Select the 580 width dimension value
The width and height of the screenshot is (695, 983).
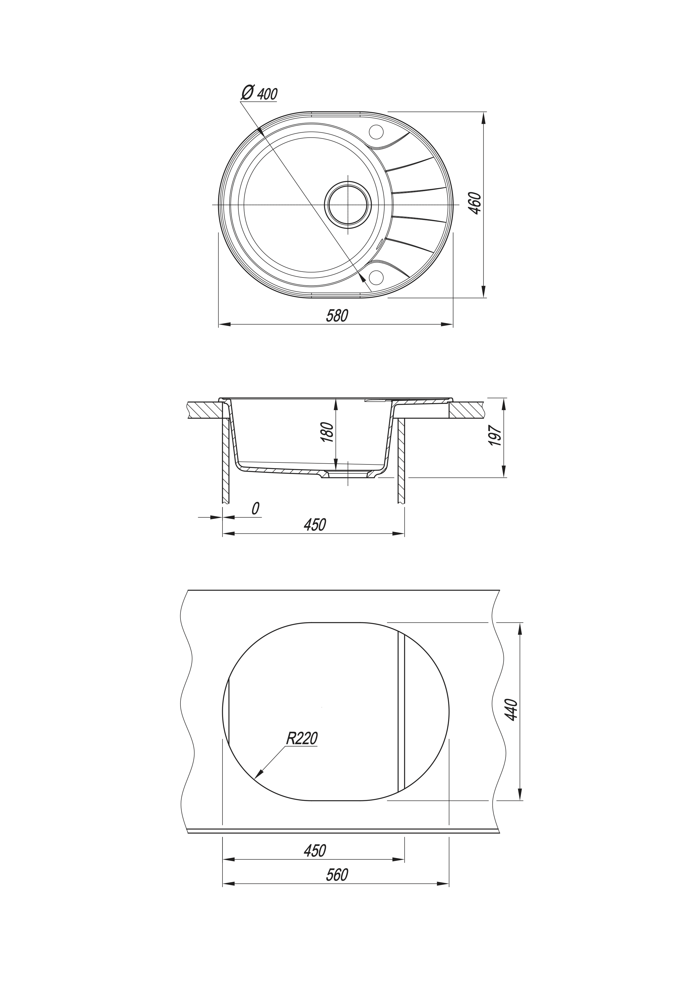[x=337, y=316]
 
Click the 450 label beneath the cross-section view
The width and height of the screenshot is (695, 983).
[x=314, y=524]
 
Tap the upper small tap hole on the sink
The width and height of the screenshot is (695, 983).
[x=377, y=131]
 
